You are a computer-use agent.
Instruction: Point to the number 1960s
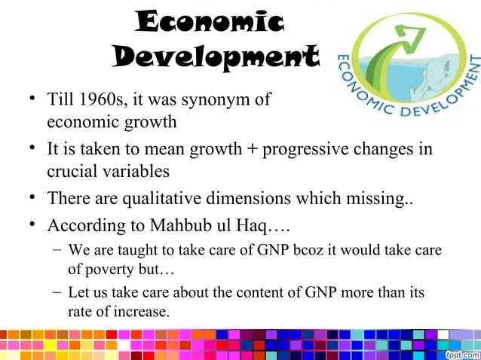(x=106, y=98)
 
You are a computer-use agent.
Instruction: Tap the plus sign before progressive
(x=248, y=148)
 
